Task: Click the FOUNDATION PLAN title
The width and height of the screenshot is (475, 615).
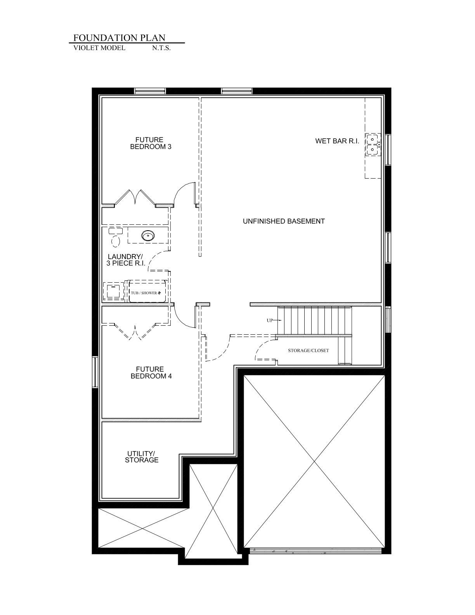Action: pos(120,38)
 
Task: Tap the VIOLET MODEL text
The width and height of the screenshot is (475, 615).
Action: pos(99,48)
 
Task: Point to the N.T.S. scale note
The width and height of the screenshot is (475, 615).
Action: pos(161,48)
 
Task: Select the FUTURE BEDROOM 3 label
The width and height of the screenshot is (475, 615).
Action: pos(151,143)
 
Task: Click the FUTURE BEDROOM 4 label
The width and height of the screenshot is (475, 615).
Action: pos(151,372)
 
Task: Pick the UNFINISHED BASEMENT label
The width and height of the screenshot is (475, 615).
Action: pos(284,221)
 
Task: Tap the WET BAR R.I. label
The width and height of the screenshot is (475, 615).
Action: pos(337,141)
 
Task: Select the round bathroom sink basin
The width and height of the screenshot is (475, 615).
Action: pos(148,235)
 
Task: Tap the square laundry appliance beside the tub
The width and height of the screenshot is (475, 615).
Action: pos(114,291)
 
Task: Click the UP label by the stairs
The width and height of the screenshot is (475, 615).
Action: pos(270,320)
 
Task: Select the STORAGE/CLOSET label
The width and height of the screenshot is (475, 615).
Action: pos(309,350)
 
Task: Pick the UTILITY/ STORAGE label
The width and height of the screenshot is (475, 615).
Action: pos(142,457)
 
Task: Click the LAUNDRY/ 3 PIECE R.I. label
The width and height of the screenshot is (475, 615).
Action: pos(126,260)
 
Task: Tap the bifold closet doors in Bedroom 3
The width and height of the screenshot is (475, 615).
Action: pos(135,197)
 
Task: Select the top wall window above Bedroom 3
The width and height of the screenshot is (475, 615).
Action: pos(150,91)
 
